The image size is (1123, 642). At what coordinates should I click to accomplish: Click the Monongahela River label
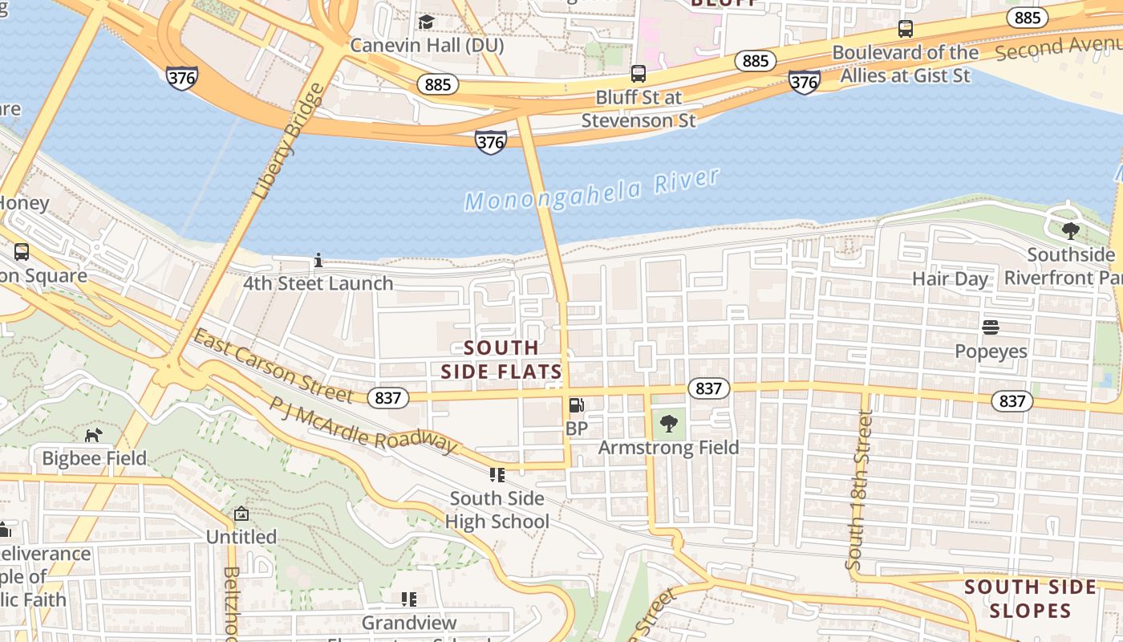(x=592, y=190)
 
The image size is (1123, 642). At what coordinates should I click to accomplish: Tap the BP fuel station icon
(x=576, y=406)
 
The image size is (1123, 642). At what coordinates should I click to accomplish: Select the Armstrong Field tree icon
(x=668, y=423)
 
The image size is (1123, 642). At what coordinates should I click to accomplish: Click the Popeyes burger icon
(x=991, y=327)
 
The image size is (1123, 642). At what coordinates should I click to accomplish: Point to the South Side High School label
(x=497, y=510)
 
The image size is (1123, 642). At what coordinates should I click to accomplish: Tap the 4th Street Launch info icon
(x=318, y=261)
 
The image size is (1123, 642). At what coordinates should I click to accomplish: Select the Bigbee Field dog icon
(x=94, y=435)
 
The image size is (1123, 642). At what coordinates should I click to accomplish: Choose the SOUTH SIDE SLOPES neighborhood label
(x=1030, y=599)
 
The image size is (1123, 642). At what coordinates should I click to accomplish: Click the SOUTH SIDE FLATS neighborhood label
(x=501, y=360)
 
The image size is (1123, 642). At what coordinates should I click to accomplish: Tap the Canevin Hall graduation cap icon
(x=426, y=22)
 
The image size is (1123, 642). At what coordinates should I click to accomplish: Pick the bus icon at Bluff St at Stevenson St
(x=639, y=74)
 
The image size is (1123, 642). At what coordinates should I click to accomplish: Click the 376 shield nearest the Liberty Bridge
(x=182, y=78)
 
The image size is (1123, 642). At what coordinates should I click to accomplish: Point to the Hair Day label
(x=950, y=279)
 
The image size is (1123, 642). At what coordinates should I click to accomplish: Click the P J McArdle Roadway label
(x=363, y=426)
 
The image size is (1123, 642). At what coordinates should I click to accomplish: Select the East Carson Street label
(x=273, y=367)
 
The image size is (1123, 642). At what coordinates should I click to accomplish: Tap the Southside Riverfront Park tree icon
(x=1070, y=231)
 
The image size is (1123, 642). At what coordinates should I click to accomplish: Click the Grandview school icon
(x=409, y=599)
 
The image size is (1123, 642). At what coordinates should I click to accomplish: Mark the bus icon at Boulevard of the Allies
(x=906, y=29)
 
